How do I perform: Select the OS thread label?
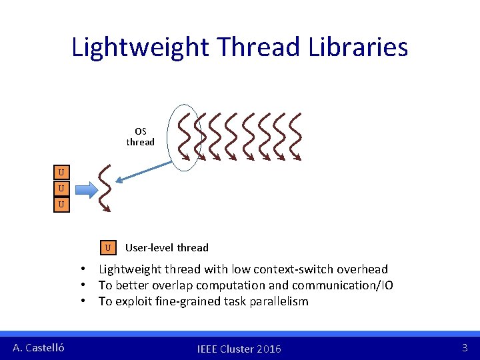(140, 137)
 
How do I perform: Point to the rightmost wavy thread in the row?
(294, 137)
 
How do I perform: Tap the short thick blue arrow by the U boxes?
(82, 189)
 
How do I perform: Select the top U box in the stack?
(61, 173)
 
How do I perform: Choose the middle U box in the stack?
(61, 189)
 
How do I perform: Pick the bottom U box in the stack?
(61, 204)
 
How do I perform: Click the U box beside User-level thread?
(108, 247)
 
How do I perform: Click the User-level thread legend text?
(167, 248)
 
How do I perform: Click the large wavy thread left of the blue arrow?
(104, 188)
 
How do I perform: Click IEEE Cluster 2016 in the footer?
(239, 349)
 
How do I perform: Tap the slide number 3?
(465, 347)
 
